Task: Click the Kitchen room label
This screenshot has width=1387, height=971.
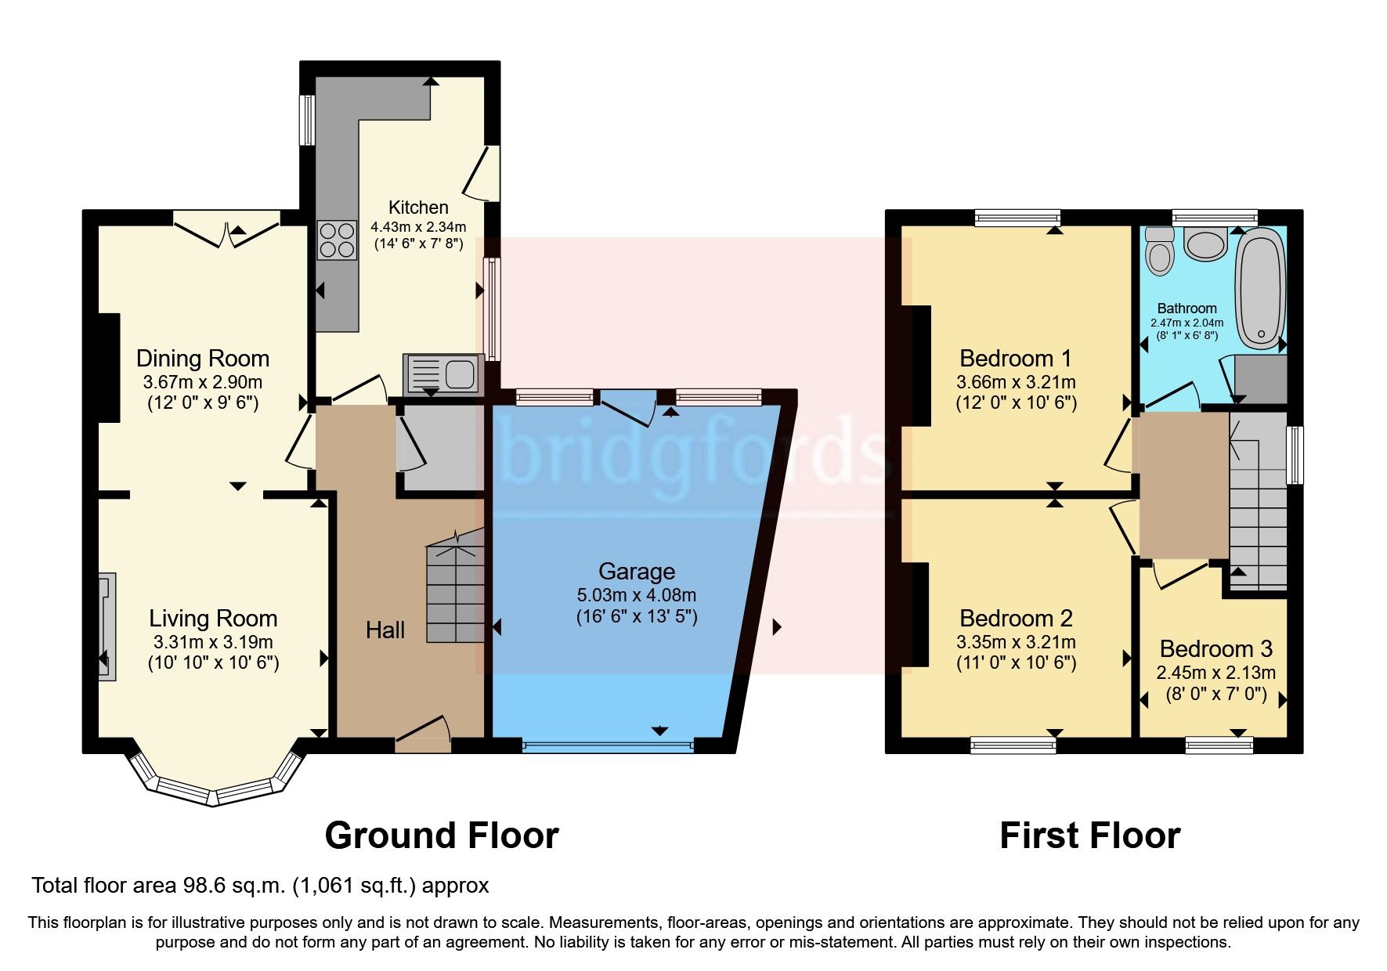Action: click(x=418, y=208)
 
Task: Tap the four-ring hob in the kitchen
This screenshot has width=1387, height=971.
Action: click(x=336, y=240)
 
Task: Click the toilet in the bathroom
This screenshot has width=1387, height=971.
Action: click(x=1160, y=251)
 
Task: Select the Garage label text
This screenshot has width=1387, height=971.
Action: click(x=636, y=572)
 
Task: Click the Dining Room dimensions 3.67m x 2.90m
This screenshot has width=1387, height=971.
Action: click(x=202, y=383)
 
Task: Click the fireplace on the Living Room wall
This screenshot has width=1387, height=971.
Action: click(x=107, y=626)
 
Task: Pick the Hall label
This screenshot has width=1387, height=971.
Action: click(x=385, y=630)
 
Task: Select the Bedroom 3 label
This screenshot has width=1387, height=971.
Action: click(x=1215, y=649)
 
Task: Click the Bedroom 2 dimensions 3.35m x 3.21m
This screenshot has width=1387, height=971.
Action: click(x=1016, y=643)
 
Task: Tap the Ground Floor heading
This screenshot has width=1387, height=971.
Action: click(x=442, y=836)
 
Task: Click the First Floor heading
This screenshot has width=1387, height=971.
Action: click(x=1089, y=836)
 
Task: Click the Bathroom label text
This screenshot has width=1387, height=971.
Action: click(x=1187, y=309)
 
